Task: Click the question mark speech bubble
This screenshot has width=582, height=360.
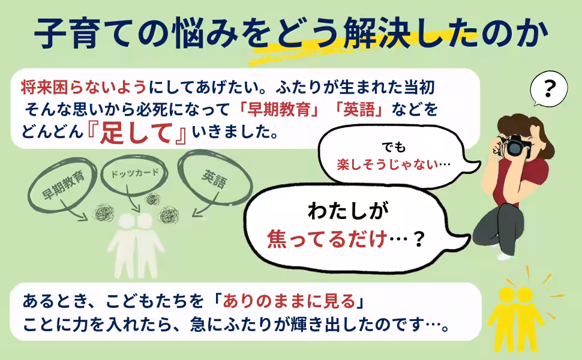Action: click(548, 89)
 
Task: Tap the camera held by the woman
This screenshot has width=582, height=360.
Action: click(516, 146)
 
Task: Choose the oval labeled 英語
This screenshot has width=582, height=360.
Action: click(215, 178)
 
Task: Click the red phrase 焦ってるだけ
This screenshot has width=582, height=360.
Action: click(327, 239)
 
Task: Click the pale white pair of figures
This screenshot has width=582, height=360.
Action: click(134, 245)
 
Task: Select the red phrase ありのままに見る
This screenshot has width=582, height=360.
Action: click(289, 301)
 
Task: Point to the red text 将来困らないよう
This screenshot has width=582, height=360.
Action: click(84, 88)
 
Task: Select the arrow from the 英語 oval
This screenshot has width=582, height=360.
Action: click(206, 202)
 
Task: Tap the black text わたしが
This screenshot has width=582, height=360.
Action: click(348, 211)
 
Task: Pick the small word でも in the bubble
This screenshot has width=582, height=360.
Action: click(394, 148)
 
